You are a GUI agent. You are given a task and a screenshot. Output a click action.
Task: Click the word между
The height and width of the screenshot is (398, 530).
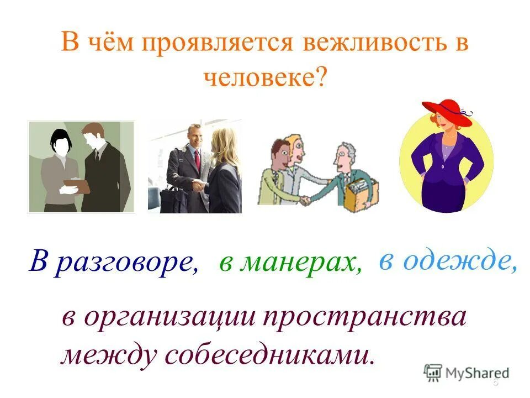point(108,354)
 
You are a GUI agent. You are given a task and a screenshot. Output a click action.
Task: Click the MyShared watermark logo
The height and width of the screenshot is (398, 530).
point(466,371)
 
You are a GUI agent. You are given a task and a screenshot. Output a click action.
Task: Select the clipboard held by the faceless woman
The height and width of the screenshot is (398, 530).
point(76,186)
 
